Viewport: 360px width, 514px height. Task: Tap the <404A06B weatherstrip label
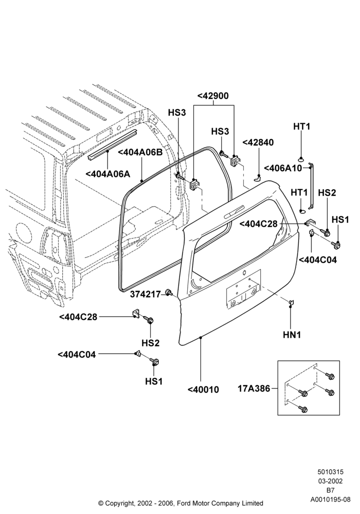pos(140,153)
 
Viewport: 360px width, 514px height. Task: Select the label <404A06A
pos(108,174)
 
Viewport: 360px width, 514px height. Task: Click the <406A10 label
pos(283,168)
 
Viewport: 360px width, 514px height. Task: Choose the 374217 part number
pos(145,294)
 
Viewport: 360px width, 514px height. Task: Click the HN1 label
pos(292,335)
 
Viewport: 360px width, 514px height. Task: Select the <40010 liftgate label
pos(203,390)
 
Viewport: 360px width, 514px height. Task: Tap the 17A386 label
pos(254,389)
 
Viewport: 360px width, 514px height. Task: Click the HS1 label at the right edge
pos(340,219)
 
